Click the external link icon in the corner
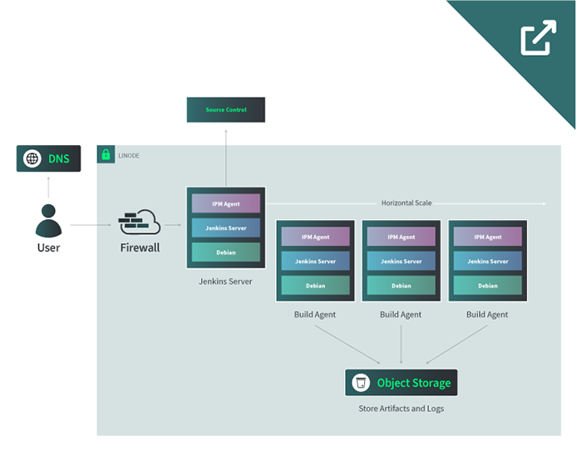[x=538, y=38]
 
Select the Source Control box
[x=226, y=110]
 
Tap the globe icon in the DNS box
[x=32, y=159]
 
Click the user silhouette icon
[x=48, y=221]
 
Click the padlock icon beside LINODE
[x=106, y=154]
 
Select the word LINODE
[x=129, y=155]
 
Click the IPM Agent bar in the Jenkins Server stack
[x=226, y=203]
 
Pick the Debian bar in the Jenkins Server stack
[x=226, y=252]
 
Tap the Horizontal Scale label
[x=407, y=203]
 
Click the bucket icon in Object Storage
[x=361, y=383]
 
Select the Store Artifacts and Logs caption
[x=401, y=408]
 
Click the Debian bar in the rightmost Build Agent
[x=487, y=286]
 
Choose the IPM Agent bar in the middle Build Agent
[x=401, y=237]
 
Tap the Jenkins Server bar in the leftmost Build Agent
[x=315, y=261]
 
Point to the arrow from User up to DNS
[x=48, y=187]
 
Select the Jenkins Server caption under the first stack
[x=225, y=281]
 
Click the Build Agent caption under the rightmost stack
[x=487, y=315]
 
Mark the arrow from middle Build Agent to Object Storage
[x=401, y=344]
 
